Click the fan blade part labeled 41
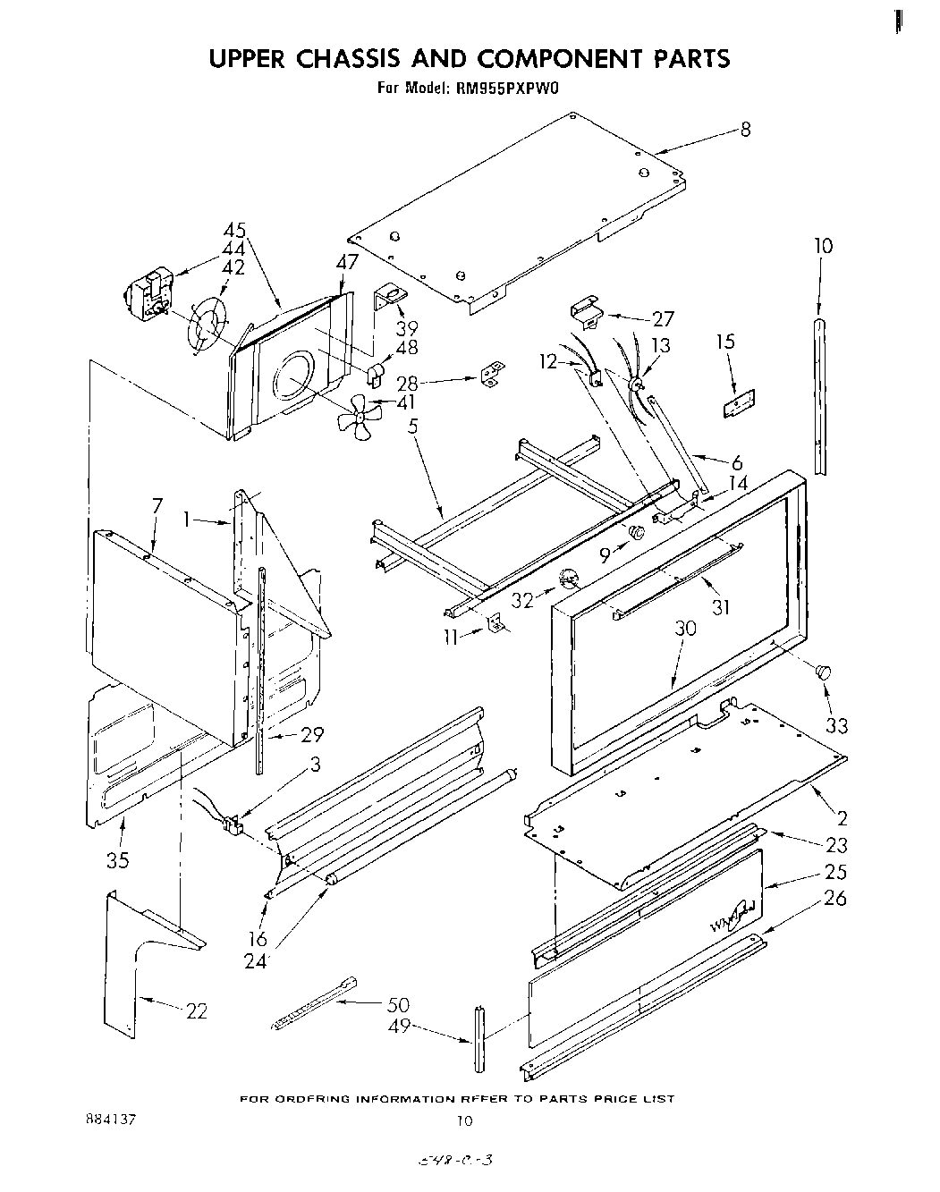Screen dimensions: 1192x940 click(x=357, y=417)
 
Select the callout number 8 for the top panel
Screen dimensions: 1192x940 click(x=745, y=130)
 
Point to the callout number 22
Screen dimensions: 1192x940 click(x=197, y=1011)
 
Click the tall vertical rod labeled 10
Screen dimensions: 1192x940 click(x=819, y=393)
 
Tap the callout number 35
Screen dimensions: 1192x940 click(x=117, y=860)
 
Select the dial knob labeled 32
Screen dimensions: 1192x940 click(x=567, y=579)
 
